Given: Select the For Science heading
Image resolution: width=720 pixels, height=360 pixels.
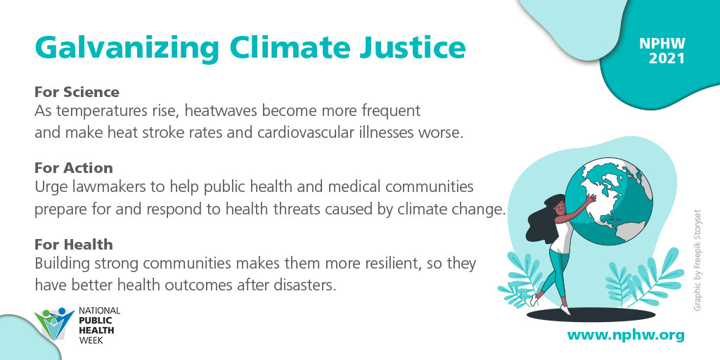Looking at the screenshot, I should pos(77,92).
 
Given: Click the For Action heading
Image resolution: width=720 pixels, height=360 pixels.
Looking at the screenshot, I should pos(73,168).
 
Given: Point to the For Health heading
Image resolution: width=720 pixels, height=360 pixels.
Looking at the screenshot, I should pos(73,245).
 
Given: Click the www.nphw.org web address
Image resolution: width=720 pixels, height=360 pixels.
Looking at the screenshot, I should pos(625,335).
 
